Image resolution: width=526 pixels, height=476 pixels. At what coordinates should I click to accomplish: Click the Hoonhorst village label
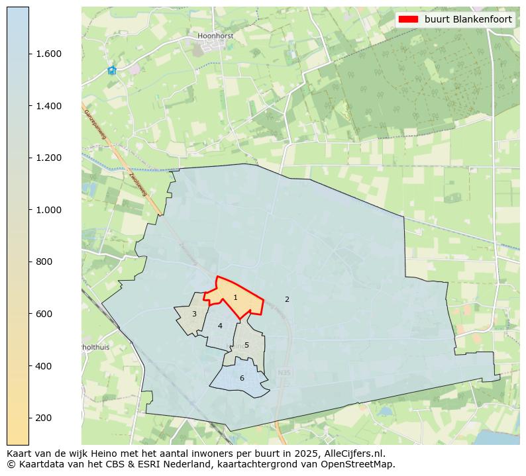pyautogui.click(x=215, y=36)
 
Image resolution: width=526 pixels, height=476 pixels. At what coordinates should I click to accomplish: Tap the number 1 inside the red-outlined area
pyautogui.click(x=235, y=298)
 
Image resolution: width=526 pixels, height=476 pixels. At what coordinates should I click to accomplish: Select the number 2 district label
pyautogui.click(x=287, y=299)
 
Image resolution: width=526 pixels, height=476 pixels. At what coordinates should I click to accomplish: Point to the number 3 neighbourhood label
pyautogui.click(x=194, y=314)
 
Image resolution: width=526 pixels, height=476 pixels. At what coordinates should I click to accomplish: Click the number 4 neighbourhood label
pyautogui.click(x=220, y=326)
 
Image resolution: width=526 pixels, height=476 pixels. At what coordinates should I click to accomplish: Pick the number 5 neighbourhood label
pyautogui.click(x=246, y=345)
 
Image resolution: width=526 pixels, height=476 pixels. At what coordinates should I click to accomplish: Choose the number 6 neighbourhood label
pyautogui.click(x=242, y=378)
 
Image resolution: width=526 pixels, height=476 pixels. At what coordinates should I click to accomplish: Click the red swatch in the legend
pyautogui.click(x=408, y=20)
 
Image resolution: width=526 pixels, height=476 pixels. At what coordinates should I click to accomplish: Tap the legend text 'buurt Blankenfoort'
pyautogui.click(x=468, y=20)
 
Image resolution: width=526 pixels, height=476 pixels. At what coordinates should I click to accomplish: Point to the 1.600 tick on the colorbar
pyautogui.click(x=48, y=54)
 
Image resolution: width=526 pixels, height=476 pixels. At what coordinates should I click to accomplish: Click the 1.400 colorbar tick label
pyautogui.click(x=48, y=106)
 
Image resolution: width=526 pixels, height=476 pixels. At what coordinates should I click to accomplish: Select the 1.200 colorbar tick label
pyautogui.click(x=48, y=158)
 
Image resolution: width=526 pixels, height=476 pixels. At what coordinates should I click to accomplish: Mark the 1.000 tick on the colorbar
pyautogui.click(x=48, y=210)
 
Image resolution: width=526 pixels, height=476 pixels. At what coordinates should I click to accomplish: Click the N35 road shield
pyautogui.click(x=284, y=373)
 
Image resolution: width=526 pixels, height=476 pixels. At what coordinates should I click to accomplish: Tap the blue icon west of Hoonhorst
pyautogui.click(x=112, y=70)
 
